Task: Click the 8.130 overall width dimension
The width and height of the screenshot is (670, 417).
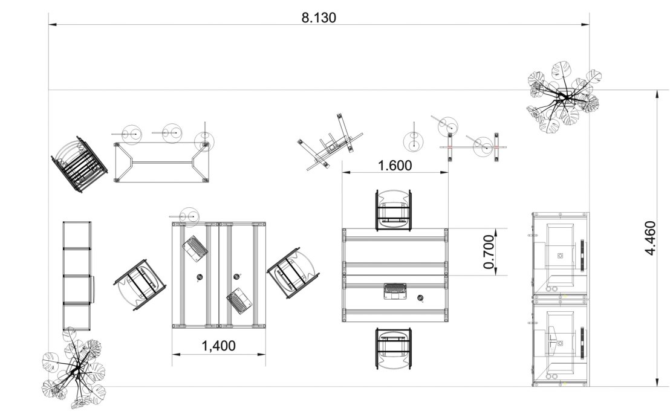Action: click(x=319, y=18)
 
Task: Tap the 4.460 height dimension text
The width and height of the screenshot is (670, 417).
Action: click(x=650, y=238)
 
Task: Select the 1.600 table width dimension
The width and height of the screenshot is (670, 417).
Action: click(x=395, y=166)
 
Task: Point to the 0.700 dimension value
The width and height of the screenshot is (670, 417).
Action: click(x=489, y=252)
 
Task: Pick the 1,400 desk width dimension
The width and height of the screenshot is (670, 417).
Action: click(x=218, y=346)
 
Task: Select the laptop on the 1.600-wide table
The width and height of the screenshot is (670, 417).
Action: click(x=396, y=291)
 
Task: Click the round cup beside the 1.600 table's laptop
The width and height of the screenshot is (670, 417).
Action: click(x=421, y=298)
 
